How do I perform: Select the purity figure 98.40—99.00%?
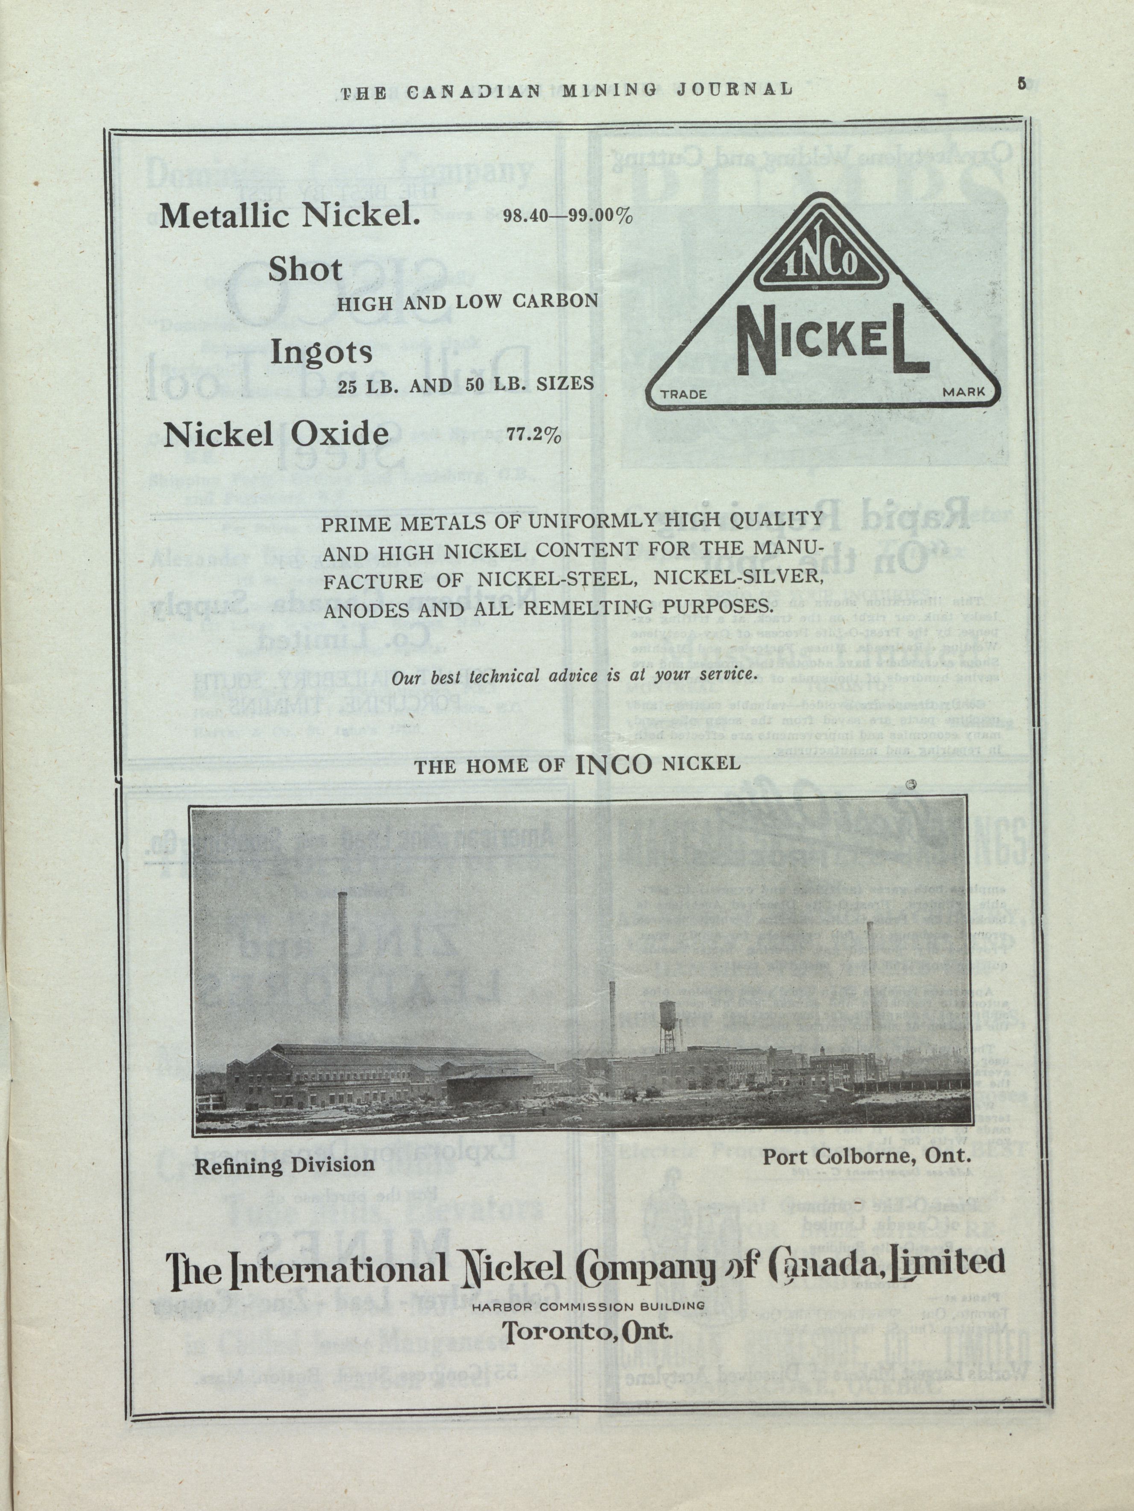click(567, 217)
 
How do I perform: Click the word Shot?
click(305, 270)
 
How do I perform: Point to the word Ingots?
click(321, 352)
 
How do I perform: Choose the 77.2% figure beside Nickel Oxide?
click(533, 435)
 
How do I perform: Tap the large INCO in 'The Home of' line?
click(613, 764)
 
